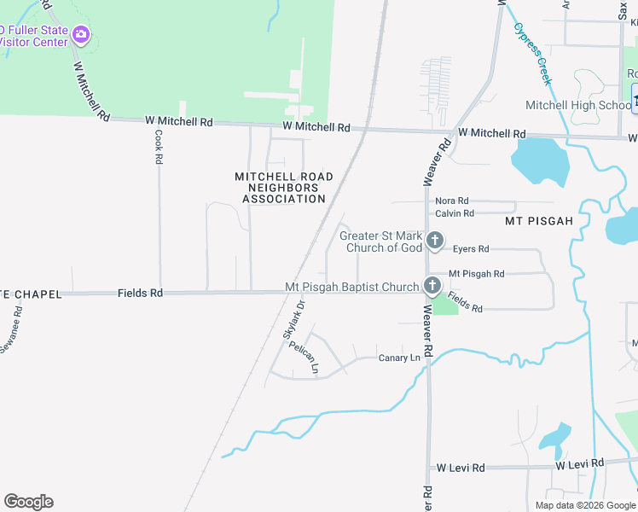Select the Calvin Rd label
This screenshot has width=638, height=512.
pos(454,213)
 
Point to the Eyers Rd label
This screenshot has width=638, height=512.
pos(471,249)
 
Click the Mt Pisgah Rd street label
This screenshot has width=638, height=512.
pos(476,274)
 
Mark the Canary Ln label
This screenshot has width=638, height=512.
pos(399,358)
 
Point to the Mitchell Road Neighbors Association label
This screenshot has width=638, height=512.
pos(284,188)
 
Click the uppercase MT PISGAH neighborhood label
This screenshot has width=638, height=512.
pos(538,220)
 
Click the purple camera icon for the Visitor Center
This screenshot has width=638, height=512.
pos(81,35)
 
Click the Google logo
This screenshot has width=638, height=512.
pos(28,502)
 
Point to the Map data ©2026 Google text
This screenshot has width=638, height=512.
pos(583,505)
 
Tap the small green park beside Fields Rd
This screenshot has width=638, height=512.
pos(444,305)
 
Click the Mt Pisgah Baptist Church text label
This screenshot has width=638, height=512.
pos(352,288)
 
